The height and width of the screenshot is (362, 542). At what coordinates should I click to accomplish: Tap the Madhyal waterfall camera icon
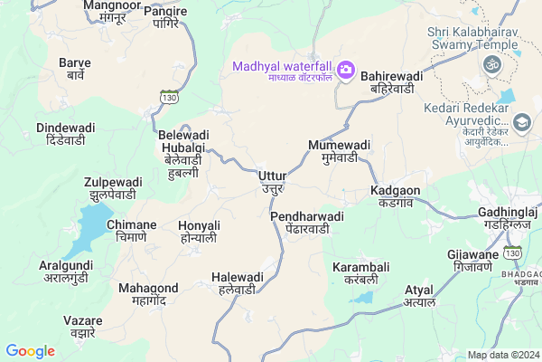(345, 70)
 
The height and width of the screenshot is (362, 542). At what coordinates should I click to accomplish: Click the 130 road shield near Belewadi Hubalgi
(169, 96)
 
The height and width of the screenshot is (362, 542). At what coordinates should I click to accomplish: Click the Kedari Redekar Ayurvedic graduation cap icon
(522, 122)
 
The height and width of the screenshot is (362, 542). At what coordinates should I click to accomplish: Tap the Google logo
(30, 351)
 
